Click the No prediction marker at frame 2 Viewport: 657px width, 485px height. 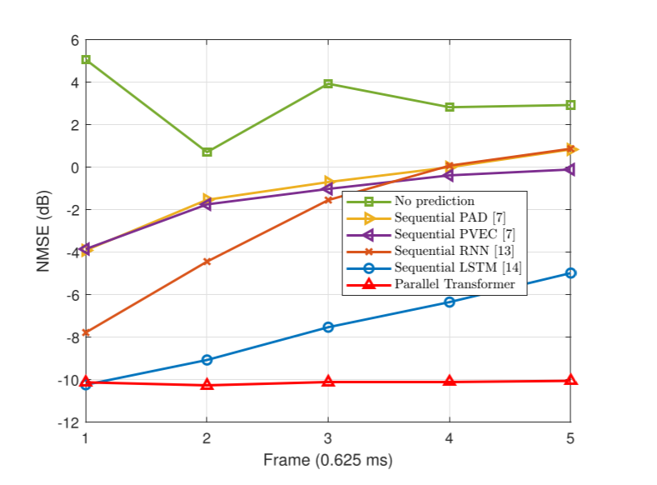click(x=207, y=152)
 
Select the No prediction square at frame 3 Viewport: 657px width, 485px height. click(x=328, y=83)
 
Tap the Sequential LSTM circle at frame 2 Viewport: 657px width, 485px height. click(x=207, y=360)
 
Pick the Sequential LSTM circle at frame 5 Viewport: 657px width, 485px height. click(x=570, y=273)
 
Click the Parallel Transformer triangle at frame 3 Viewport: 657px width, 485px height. click(x=328, y=382)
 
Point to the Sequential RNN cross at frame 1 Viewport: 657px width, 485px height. click(x=85, y=332)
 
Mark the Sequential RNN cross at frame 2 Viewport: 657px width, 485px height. click(x=207, y=262)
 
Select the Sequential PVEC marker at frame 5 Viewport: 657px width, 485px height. click(x=570, y=169)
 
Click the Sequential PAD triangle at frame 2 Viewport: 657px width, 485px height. click(x=207, y=200)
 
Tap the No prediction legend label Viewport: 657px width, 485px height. click(x=434, y=201)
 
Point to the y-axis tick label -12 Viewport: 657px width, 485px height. click(x=67, y=422)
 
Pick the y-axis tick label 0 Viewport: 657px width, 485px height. click(x=74, y=167)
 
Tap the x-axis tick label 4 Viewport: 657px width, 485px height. click(x=450, y=437)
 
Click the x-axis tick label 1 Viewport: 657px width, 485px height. click(x=85, y=437)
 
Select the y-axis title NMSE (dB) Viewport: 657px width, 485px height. click(x=43, y=231)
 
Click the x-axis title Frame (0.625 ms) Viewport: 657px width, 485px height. click(x=327, y=460)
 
